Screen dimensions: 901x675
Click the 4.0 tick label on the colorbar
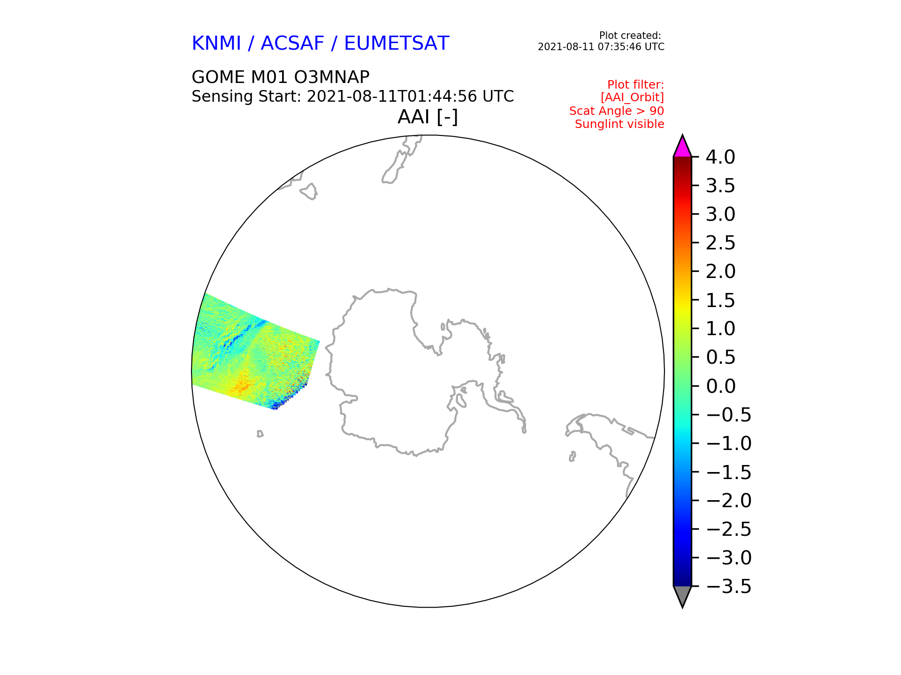pos(720,157)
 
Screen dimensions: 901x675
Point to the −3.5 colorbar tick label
pos(729,586)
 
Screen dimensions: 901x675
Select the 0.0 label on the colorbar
pos(720,386)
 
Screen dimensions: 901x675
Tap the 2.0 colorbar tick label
pos(720,271)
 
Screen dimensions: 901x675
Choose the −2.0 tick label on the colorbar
pos(729,501)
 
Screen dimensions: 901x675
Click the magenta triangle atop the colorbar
pos(682,147)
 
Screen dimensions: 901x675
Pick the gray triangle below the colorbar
pos(682,596)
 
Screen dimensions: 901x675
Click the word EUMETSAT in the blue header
pos(397,44)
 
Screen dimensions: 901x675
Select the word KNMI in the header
pos(216,44)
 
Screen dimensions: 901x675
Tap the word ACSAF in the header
pos(292,44)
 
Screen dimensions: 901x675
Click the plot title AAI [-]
pos(428,117)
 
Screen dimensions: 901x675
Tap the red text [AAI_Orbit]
pos(632,98)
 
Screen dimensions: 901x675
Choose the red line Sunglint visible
pos(619,124)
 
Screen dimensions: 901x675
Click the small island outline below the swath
pos(260,434)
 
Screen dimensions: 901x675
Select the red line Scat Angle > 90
pos(617,111)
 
